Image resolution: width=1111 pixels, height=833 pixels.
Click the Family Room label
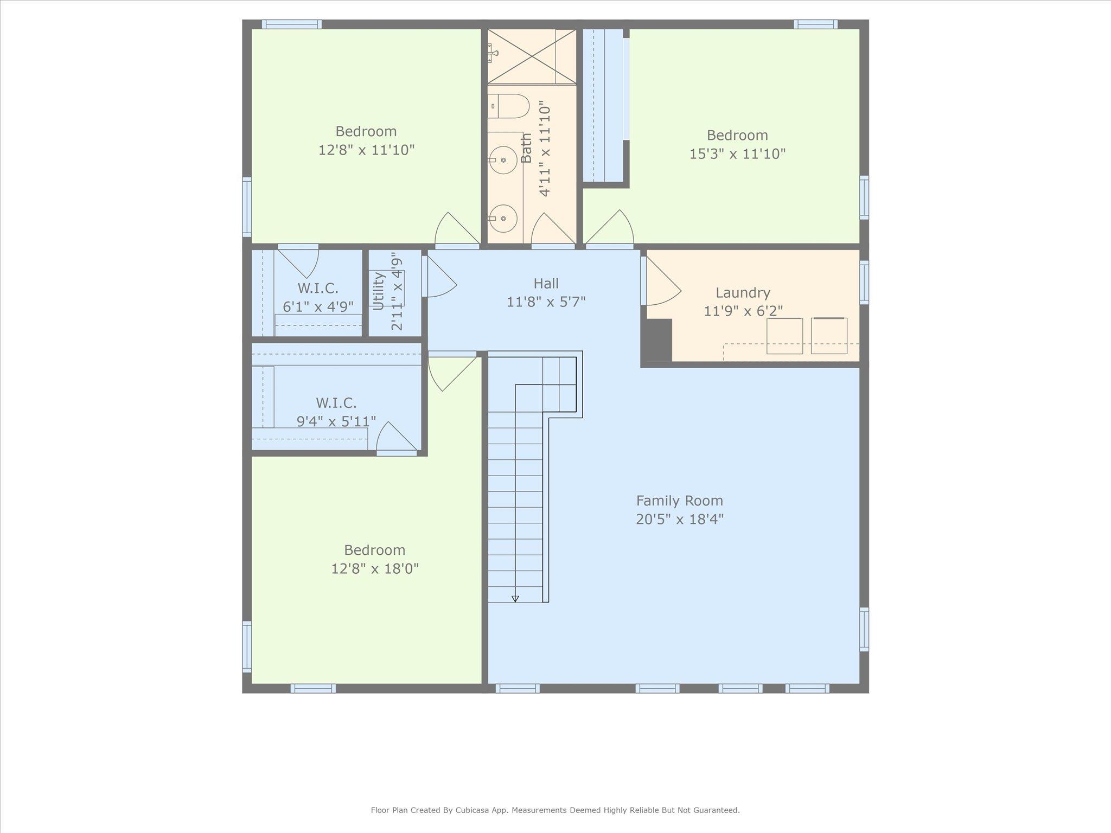pyautogui.click(x=679, y=500)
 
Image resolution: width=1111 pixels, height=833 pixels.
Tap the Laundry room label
pyautogui.click(x=743, y=293)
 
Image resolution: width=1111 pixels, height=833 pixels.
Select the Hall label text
pyautogui.click(x=546, y=283)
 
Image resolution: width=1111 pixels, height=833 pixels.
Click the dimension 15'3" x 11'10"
pyautogui.click(x=737, y=154)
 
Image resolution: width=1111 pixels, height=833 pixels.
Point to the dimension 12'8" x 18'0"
pyautogui.click(x=375, y=569)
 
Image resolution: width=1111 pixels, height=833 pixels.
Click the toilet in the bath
pyautogui.click(x=508, y=106)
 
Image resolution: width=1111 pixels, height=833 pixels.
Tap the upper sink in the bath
pyautogui.click(x=503, y=160)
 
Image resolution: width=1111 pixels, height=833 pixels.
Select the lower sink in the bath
pyautogui.click(x=503, y=218)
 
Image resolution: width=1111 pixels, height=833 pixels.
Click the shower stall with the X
pyautogui.click(x=532, y=56)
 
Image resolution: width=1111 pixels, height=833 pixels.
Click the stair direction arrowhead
pyautogui.click(x=515, y=599)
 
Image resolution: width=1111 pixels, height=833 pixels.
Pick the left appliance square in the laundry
pyautogui.click(x=784, y=336)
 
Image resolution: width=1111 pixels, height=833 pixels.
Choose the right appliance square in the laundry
pyautogui.click(x=829, y=336)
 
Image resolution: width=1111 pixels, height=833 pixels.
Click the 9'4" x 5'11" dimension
pyautogui.click(x=336, y=421)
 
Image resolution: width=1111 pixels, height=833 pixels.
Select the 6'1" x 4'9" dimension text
pyautogui.click(x=318, y=307)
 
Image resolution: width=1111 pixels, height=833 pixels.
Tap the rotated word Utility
pyautogui.click(x=379, y=291)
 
